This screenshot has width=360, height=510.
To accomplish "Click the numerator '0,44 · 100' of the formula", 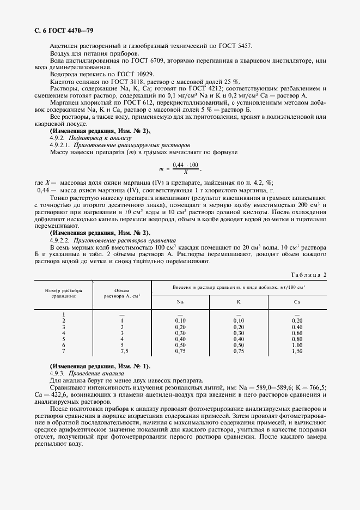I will pos(186,165).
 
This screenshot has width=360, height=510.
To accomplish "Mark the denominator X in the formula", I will pos(186,173).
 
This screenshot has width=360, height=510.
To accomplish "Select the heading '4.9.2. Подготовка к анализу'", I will pos(90,138).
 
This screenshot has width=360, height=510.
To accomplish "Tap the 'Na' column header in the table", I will pos(180,301).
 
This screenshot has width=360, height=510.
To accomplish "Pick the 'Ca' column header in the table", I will pos(297,301).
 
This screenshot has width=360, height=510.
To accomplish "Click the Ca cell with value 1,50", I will pos(297,351).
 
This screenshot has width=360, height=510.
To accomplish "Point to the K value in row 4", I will pos(238,332).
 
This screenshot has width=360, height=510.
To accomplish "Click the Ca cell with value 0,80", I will pos(297,338).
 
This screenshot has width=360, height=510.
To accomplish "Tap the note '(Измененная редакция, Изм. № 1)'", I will pos(100,366).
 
